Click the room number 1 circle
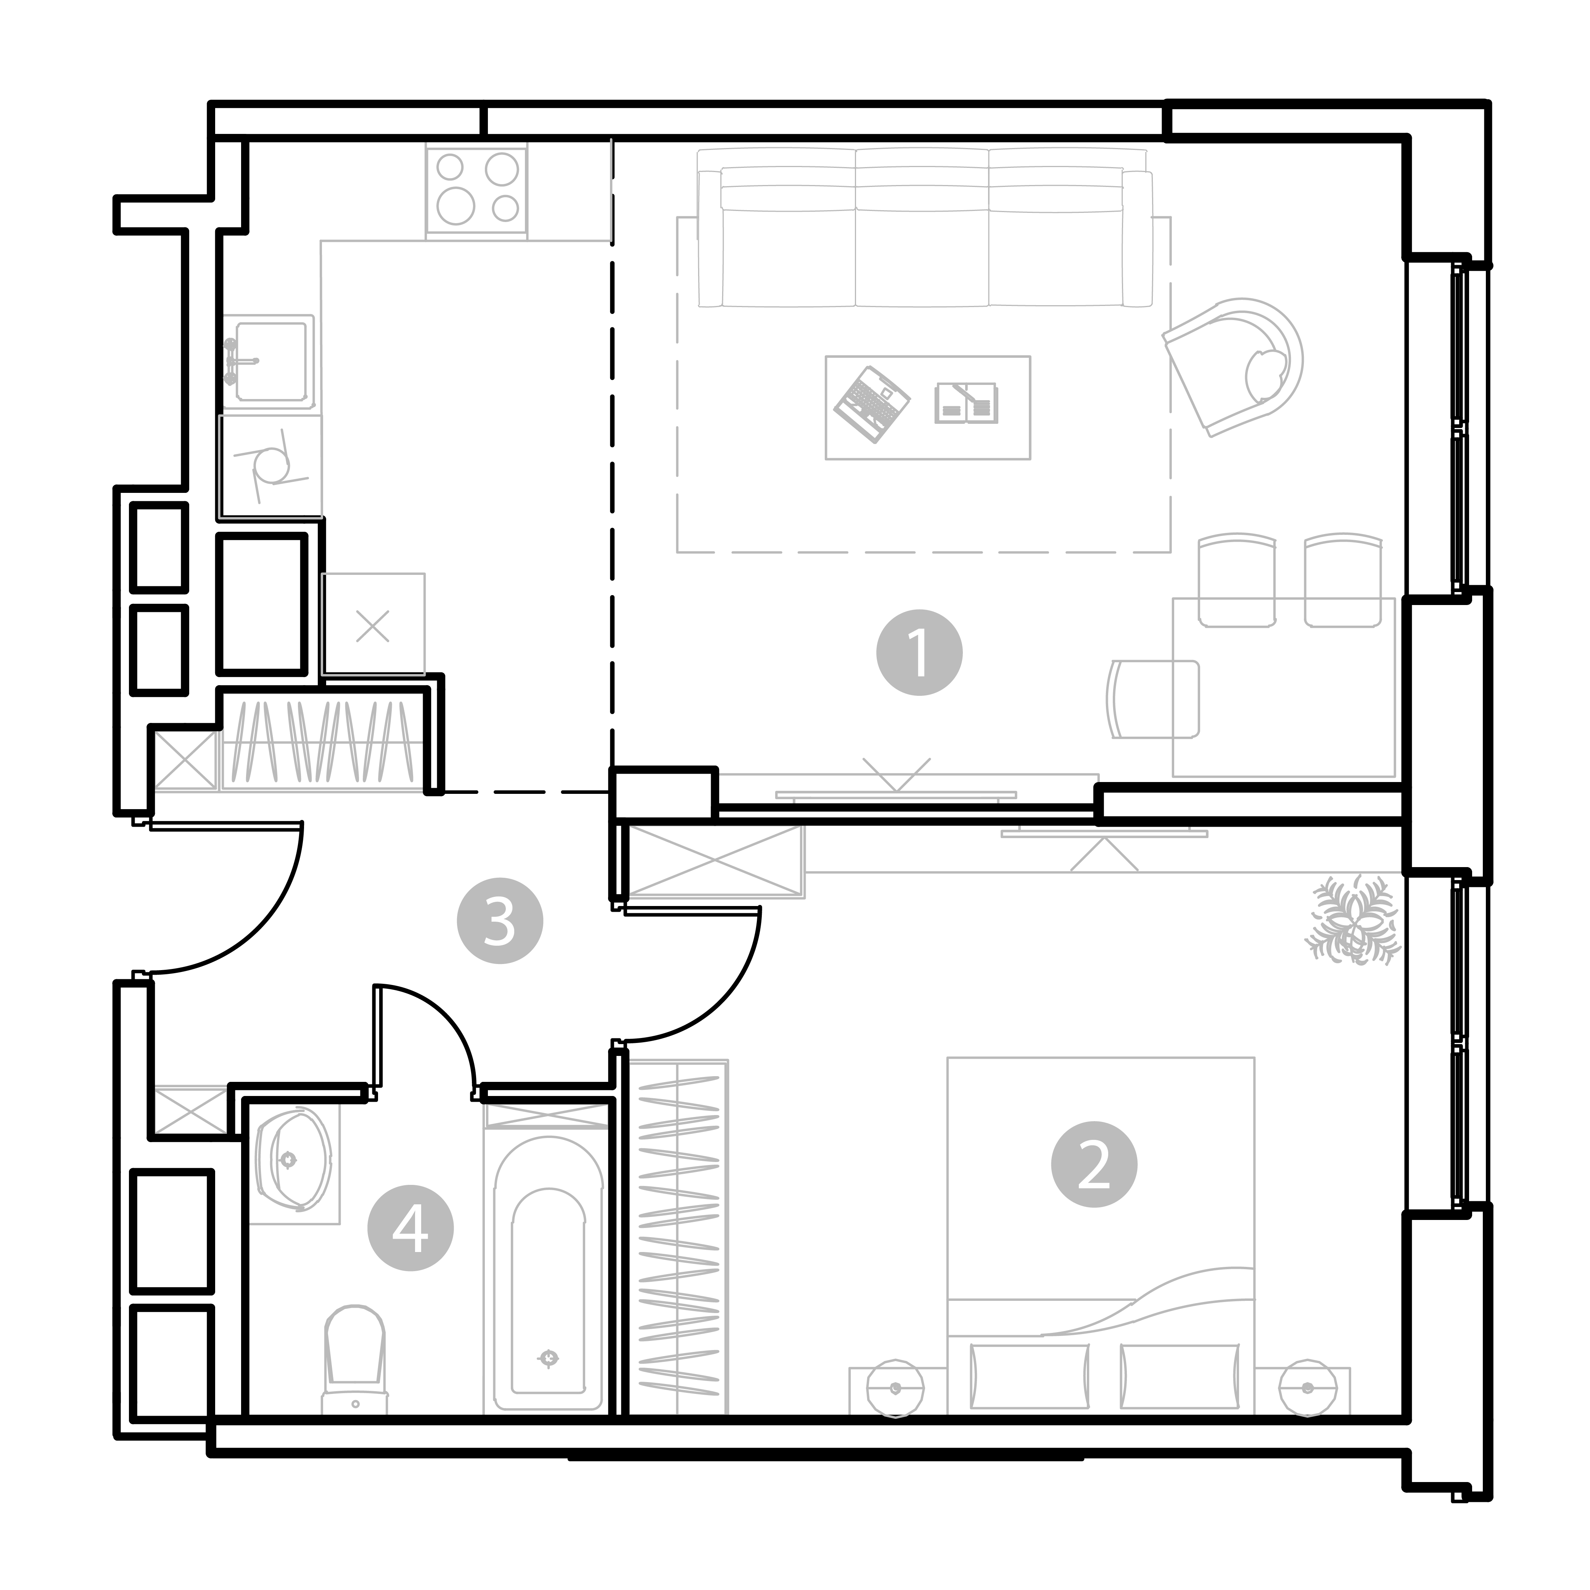click(919, 653)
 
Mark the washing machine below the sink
click(270, 467)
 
